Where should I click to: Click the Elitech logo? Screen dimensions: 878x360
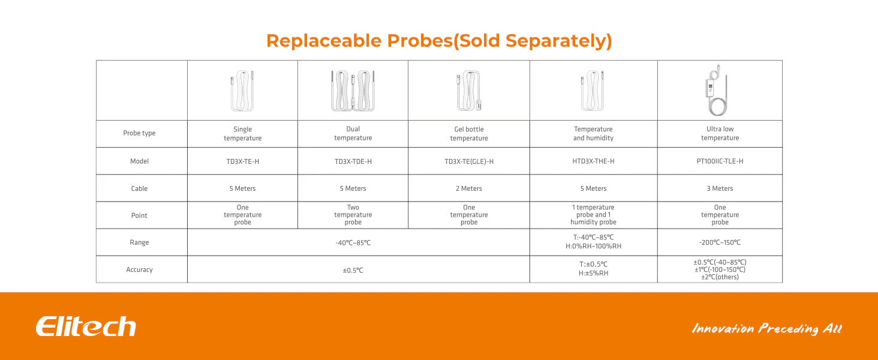coord(86,326)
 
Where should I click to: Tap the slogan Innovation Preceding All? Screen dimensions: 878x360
coord(766,328)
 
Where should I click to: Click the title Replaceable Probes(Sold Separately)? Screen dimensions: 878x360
coord(439,41)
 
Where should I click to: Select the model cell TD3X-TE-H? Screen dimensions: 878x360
coord(243,161)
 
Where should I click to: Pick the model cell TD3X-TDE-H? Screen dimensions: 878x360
coord(353,161)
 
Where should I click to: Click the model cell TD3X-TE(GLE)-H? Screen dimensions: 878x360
coord(469,161)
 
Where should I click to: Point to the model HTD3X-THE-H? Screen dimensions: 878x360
coord(594,161)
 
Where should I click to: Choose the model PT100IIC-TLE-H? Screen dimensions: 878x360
coord(720,161)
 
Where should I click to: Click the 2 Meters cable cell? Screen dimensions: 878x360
coord(469,188)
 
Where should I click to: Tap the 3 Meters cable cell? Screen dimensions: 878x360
coord(720,188)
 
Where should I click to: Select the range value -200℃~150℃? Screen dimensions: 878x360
coord(720,242)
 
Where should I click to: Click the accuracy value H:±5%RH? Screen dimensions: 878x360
coord(594,273)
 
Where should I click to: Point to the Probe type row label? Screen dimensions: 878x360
coord(139,133)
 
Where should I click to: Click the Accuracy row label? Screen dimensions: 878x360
coord(139,269)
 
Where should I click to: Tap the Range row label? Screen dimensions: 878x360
coord(139,242)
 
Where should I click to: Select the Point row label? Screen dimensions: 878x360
coord(139,215)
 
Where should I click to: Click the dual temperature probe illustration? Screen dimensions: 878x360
coord(353,91)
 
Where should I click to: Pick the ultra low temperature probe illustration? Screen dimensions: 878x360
coord(717,90)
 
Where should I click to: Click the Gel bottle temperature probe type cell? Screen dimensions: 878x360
coord(469,133)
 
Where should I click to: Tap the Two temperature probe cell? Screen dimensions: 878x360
coord(353,215)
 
